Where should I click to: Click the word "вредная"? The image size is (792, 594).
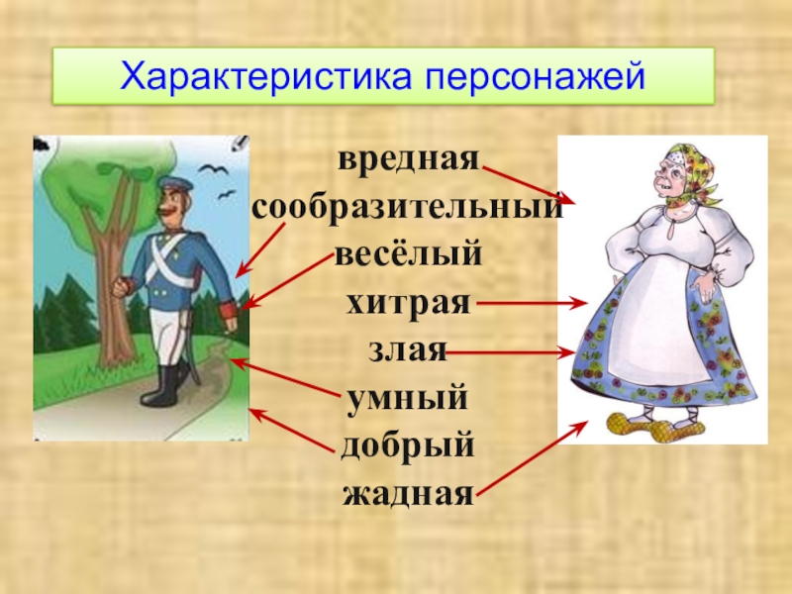pyautogui.click(x=408, y=160)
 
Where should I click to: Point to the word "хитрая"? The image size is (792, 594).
pyautogui.click(x=408, y=303)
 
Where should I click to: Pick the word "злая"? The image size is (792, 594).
pyautogui.click(x=408, y=350)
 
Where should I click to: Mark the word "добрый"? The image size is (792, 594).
pyautogui.click(x=408, y=445)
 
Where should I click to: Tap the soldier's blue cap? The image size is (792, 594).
pyautogui.click(x=175, y=184)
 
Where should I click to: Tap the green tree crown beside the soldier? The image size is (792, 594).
pyautogui.click(x=114, y=188)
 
